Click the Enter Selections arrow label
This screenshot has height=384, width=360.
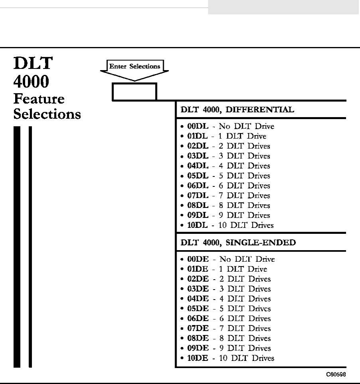point(134,67)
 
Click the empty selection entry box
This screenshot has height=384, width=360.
point(134,92)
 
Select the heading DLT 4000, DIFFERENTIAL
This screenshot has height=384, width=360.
point(238,110)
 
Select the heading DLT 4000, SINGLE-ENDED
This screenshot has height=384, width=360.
point(238,243)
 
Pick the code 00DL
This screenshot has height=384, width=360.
point(198,127)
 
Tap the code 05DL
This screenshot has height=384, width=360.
point(198,176)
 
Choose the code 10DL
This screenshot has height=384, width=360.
point(198,225)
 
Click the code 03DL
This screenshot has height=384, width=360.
point(198,156)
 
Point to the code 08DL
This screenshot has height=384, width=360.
point(198,206)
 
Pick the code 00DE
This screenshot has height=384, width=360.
point(198,259)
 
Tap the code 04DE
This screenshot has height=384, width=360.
point(198,299)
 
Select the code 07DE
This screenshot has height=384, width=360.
point(198,329)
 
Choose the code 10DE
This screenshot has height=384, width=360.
point(198,358)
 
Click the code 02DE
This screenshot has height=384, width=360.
point(198,279)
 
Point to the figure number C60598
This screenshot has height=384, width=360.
point(336,375)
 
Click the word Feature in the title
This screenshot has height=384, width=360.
point(39,99)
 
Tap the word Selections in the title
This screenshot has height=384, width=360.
point(47,114)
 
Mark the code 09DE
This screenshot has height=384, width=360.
point(198,348)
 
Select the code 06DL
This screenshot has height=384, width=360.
point(198,186)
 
